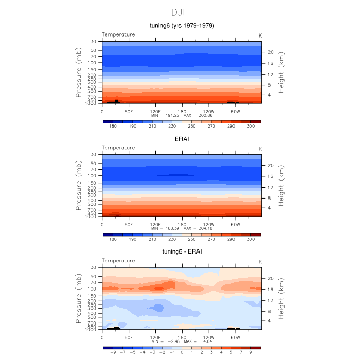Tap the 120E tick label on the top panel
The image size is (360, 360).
tap(155, 111)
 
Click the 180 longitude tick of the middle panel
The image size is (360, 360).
tap(182, 224)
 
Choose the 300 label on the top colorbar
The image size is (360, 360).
tap(250, 126)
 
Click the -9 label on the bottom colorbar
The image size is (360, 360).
tap(113, 352)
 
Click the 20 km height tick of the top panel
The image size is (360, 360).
tap(269, 52)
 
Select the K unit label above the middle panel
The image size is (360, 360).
tap(260, 148)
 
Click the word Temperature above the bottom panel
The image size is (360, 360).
tap(118, 261)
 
